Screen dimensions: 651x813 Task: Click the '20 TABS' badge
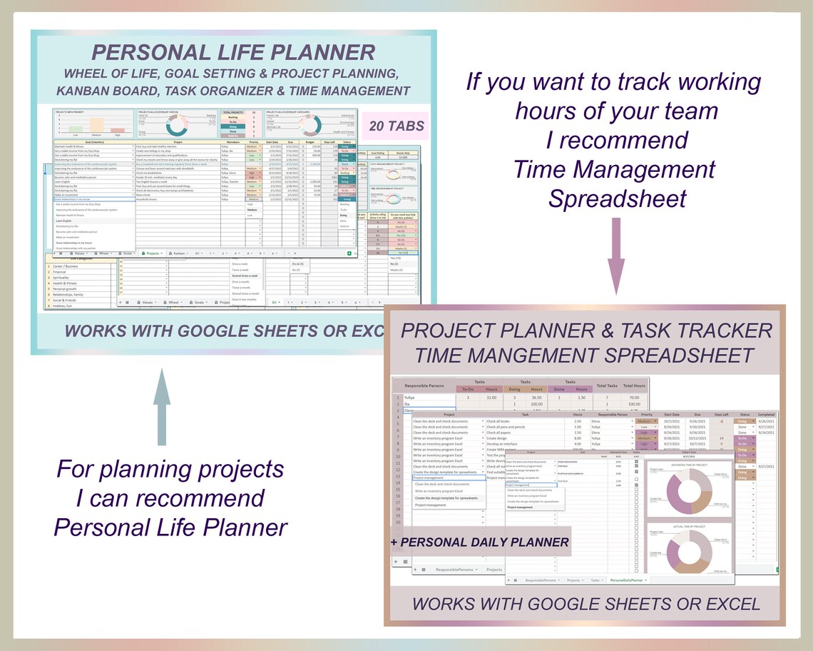396,127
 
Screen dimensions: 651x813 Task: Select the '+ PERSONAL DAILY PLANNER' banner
480,542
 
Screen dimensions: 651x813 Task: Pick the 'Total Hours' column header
633,385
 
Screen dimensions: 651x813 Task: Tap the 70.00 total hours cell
633,397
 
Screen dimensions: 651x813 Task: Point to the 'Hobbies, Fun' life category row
68,305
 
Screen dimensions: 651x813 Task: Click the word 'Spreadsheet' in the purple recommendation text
617,198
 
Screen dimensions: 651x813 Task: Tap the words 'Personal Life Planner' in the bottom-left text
170,527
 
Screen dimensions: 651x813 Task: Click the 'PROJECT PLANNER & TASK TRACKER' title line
586,330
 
